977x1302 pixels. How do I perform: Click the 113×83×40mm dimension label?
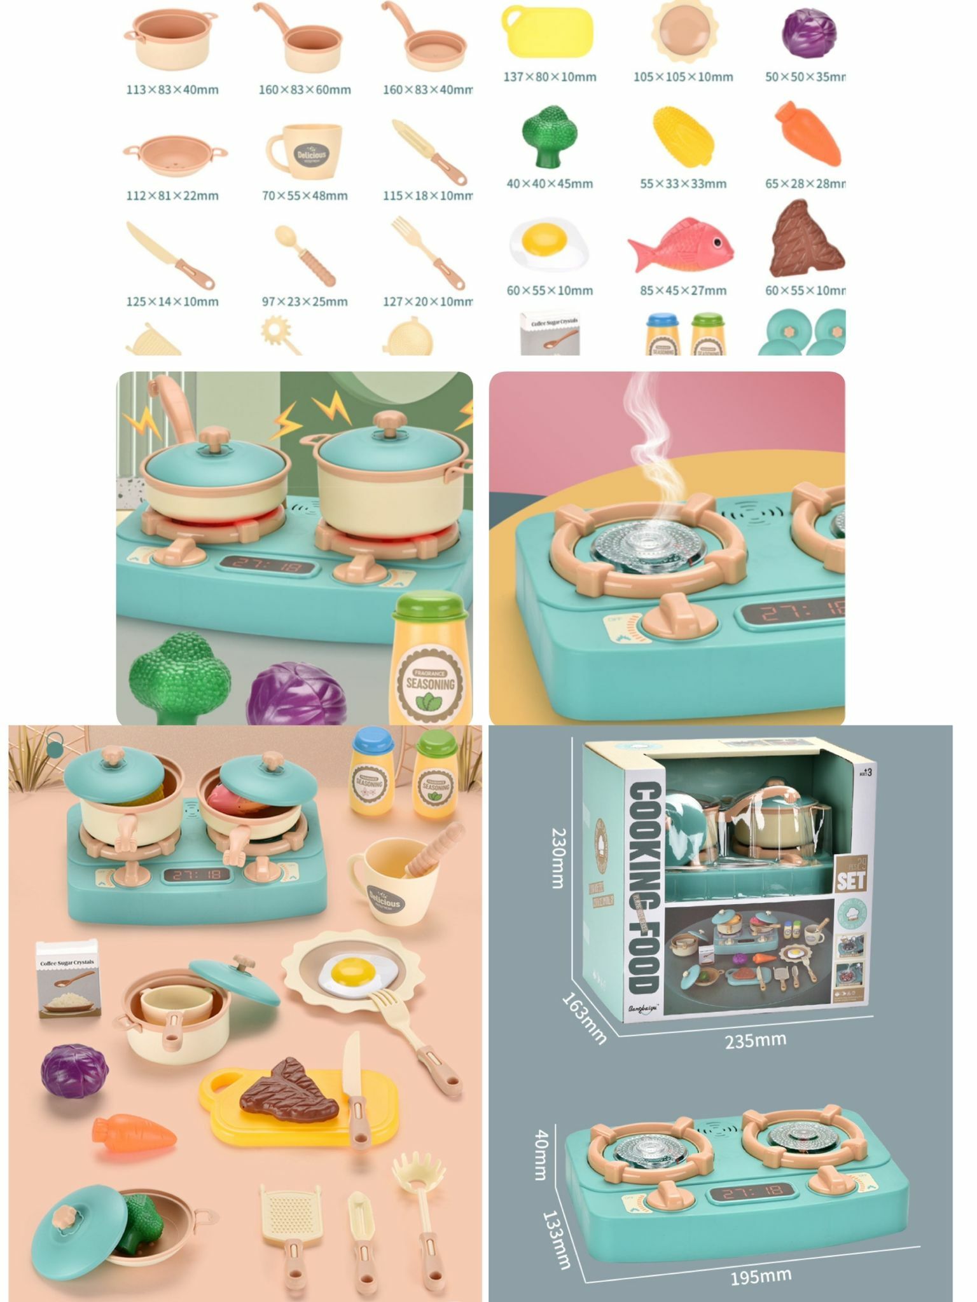(x=172, y=90)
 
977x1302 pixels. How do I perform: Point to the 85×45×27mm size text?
(x=683, y=291)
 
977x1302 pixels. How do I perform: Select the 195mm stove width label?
(x=761, y=1275)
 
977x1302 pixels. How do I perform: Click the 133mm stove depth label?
(x=556, y=1240)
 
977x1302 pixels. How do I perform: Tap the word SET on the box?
(x=851, y=881)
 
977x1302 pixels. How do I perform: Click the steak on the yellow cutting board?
(x=289, y=1091)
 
